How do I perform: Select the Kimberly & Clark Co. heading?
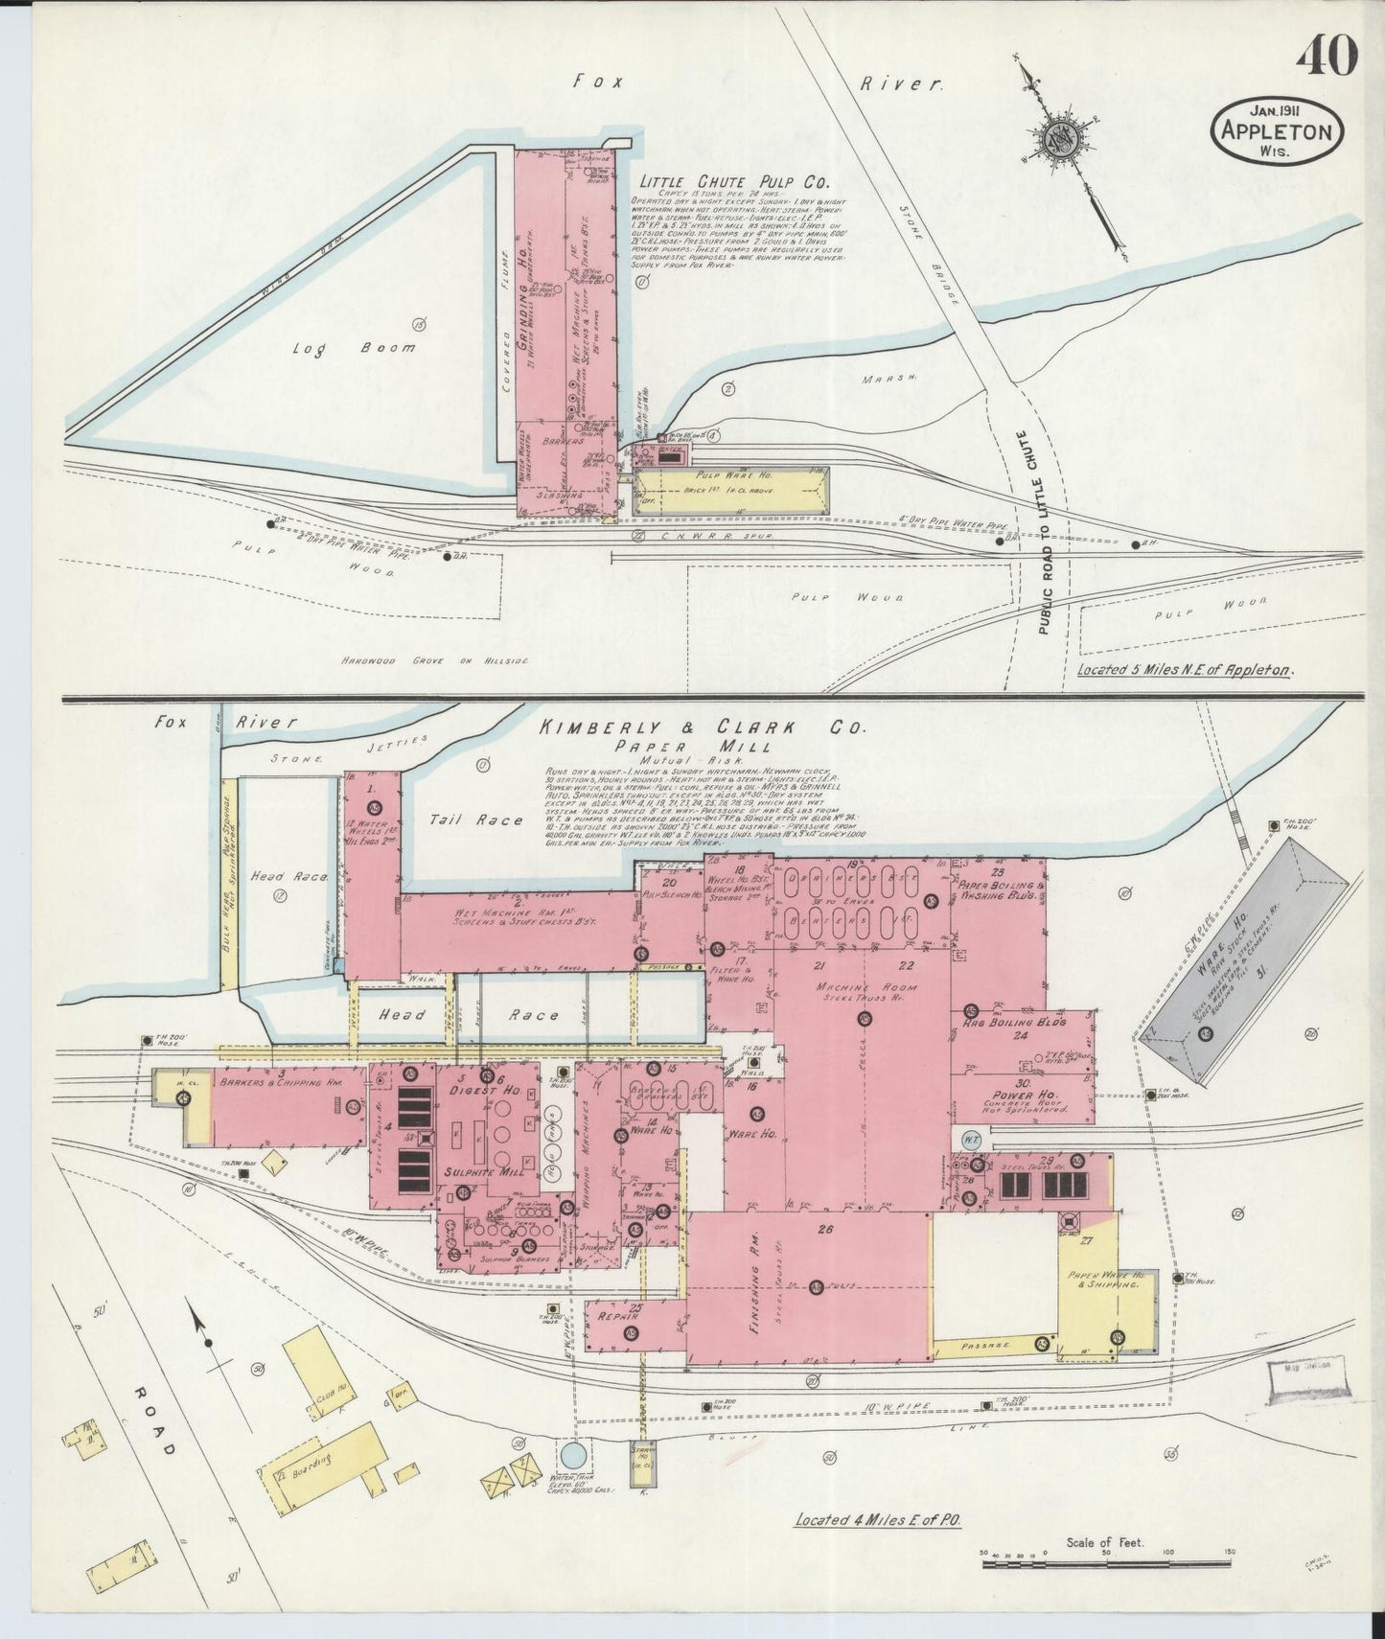(704, 728)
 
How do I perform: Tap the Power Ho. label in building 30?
(998, 1095)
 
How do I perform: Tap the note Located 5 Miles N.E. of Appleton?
(1184, 670)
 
